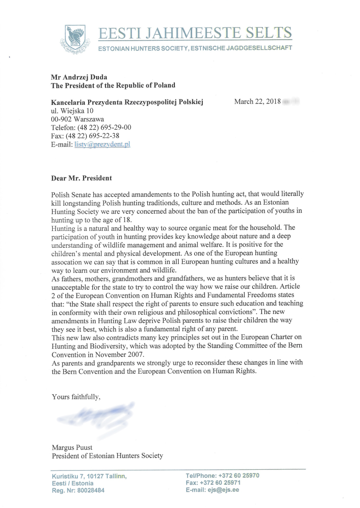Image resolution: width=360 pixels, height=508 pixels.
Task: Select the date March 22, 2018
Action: point(257,102)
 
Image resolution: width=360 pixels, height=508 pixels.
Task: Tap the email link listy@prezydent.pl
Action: point(102,145)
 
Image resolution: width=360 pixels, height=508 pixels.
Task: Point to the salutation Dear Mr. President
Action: point(82,178)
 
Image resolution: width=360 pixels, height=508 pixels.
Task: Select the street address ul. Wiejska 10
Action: point(72,111)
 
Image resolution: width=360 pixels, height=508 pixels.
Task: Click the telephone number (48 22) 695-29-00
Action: point(105,127)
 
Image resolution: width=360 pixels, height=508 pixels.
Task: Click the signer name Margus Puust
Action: point(72,447)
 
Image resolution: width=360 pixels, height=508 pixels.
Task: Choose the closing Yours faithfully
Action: point(76,397)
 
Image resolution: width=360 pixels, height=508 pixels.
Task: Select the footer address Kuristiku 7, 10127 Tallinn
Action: point(89,476)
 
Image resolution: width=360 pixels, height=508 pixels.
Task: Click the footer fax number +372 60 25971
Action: point(224,483)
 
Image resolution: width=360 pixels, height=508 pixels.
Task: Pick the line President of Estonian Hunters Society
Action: point(107,456)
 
